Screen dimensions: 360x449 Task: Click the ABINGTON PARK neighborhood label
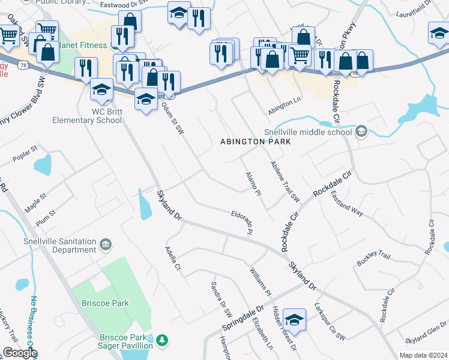point(256,142)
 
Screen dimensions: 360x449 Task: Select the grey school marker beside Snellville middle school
point(361,131)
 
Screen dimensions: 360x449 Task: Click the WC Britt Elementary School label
point(90,116)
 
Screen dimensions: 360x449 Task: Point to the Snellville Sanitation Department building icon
point(106,245)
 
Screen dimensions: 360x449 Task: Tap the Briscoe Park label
point(106,303)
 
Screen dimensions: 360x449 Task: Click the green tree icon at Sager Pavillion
point(161,341)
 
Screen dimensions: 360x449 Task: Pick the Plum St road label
point(45,213)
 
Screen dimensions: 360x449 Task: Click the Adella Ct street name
point(173,259)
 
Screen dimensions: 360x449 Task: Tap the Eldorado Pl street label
point(242,221)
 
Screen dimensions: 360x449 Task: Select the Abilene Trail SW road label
point(285,181)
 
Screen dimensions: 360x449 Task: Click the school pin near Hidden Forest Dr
point(294,320)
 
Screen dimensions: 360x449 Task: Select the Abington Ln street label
point(285,103)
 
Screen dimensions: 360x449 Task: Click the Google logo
point(19,353)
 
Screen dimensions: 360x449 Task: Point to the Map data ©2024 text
point(423,355)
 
